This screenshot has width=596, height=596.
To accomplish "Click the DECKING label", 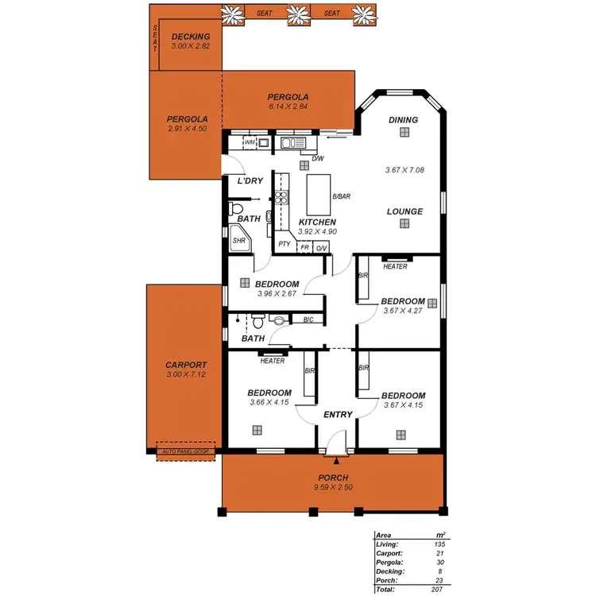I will coord(191,37).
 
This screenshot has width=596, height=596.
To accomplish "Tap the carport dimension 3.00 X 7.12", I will coord(186,374).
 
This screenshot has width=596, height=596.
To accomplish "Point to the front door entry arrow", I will coord(337,459).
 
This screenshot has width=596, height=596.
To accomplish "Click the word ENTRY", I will coord(337,414).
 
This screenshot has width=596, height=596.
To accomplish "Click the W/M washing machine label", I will coord(250,142).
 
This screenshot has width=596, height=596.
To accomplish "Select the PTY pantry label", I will coord(284,245).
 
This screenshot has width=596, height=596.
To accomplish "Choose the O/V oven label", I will coord(321,248).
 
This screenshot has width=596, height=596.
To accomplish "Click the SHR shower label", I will coord(238,239).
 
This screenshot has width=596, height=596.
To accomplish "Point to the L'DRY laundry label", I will coord(250,181).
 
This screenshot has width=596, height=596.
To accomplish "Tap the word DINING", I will coord(403,120).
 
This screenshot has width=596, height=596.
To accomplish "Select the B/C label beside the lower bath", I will coord(308,319).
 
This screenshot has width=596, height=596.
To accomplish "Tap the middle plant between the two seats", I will coord(297,14).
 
